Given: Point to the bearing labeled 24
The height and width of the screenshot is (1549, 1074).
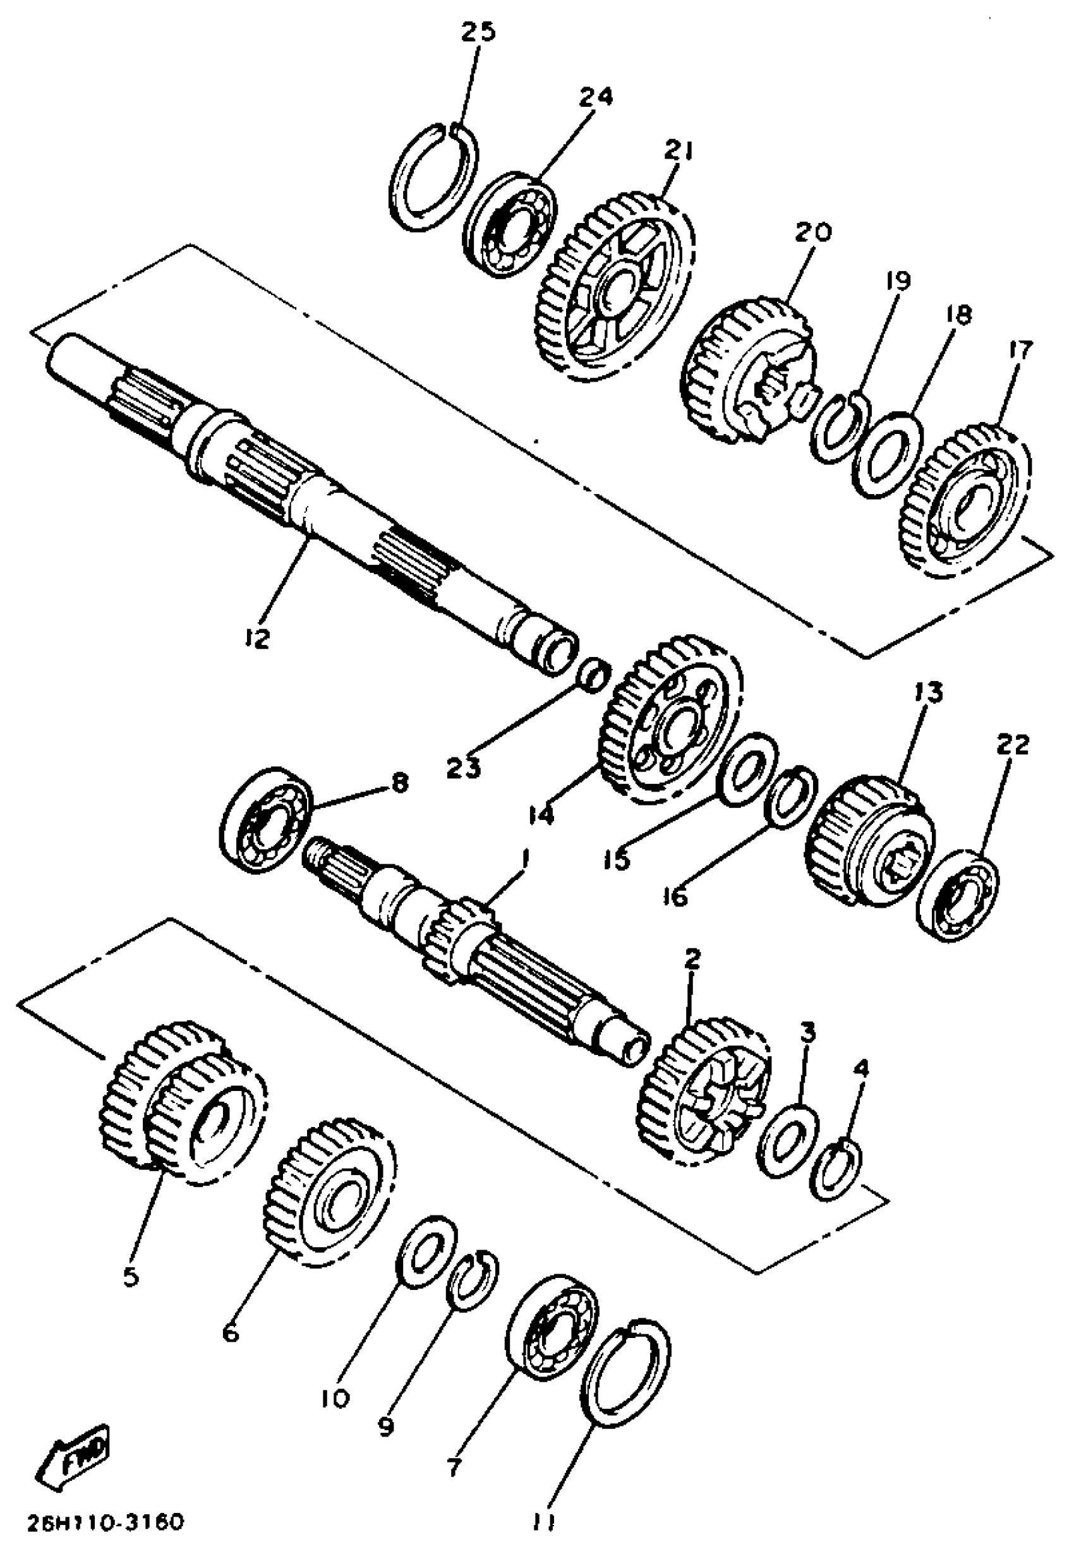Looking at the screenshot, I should point(509,226).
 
